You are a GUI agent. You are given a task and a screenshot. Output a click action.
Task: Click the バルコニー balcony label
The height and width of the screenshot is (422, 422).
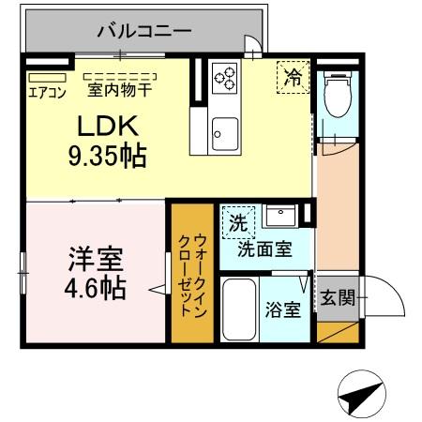144,31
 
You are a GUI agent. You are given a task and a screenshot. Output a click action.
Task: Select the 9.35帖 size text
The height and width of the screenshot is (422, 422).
106,155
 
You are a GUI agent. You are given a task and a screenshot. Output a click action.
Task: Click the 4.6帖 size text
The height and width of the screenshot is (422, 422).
96,287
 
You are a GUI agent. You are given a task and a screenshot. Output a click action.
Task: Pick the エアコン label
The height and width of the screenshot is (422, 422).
44,92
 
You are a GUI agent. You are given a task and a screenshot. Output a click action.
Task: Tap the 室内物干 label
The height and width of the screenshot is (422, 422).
119,91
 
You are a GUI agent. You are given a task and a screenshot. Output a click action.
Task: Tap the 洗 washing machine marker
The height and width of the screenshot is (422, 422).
238,224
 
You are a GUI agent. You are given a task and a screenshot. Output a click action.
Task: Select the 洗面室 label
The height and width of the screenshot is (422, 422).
263,249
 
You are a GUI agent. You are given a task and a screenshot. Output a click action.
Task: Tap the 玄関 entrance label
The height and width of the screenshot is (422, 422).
337,299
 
